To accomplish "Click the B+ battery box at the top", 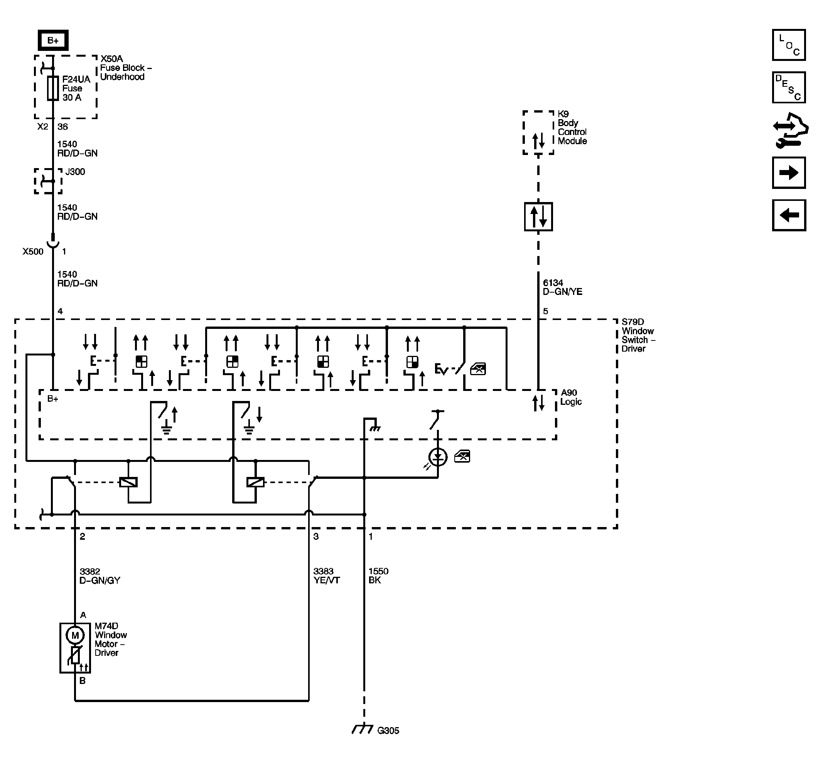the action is (53, 40).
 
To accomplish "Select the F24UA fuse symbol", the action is (53, 88).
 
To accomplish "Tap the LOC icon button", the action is (789, 45).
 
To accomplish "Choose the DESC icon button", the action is (789, 88).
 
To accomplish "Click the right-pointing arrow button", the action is (789, 173).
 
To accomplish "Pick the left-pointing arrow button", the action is (789, 215).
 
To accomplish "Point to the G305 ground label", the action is (388, 730).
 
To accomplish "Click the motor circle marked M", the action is (75, 635).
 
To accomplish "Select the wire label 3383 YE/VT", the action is (326, 576).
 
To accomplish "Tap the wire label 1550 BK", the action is (378, 576).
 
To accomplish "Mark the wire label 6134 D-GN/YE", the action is (562, 287).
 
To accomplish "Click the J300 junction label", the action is (75, 172).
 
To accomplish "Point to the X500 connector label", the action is (33, 251).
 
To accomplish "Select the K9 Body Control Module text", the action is (572, 127).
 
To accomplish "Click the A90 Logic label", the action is (571, 397).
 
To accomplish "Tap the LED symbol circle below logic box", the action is (438, 457).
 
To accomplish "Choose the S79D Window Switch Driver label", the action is (638, 335).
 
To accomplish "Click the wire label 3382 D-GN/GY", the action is (100, 576).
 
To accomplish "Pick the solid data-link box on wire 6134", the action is (538, 217).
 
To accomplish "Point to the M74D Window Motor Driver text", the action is (111, 640).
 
